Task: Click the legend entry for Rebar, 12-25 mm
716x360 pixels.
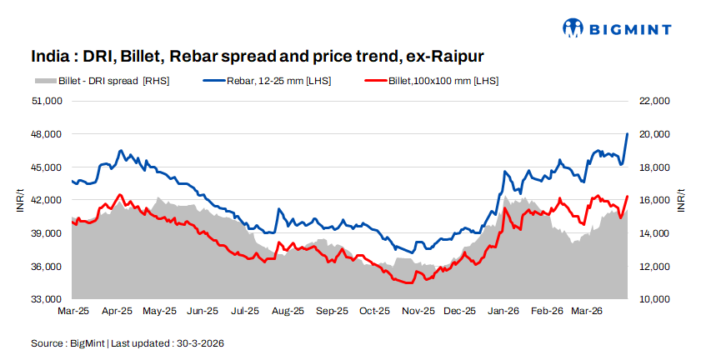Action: coord(267,81)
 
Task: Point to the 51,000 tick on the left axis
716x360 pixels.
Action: coord(48,101)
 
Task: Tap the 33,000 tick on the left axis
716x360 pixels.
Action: coord(48,299)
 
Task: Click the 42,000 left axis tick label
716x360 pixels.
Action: coord(48,200)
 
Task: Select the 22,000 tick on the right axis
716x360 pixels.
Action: coord(654,101)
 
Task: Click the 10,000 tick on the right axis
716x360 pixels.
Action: coord(654,299)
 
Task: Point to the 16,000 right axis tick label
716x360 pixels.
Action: coord(654,200)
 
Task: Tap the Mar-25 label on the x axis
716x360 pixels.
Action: coord(73,311)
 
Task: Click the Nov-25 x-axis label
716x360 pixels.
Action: coord(417,311)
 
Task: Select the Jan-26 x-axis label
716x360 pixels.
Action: coord(503,311)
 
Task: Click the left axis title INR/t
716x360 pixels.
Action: coord(19,200)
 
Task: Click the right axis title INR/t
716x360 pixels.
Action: coord(681,200)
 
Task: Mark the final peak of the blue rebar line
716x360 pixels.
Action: coord(627,133)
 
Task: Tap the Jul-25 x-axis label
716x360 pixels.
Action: coord(245,311)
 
